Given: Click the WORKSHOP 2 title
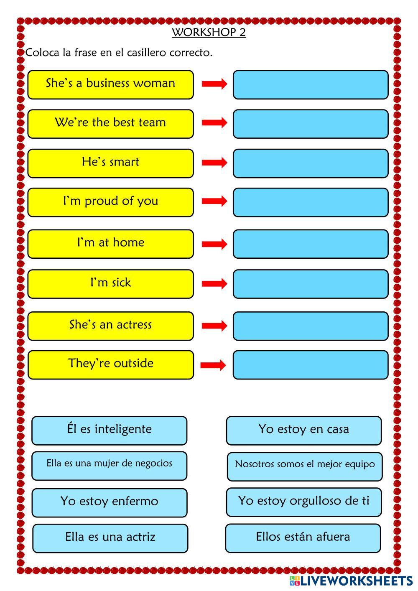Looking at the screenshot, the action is pos(209,32).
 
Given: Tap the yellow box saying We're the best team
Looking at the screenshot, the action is pos(110,124).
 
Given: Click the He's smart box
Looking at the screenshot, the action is pos(110,163).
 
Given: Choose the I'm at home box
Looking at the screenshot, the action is pos(110,244).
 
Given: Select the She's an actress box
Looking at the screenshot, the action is pos(110,326).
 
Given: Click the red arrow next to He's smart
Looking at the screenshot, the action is pos(214,163).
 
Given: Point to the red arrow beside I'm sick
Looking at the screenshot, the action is pos(214,284).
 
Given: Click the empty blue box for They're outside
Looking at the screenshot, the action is pos(310,365).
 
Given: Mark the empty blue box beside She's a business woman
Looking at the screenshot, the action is pos(310,84).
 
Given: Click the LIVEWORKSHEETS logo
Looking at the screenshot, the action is pos(351,581).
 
